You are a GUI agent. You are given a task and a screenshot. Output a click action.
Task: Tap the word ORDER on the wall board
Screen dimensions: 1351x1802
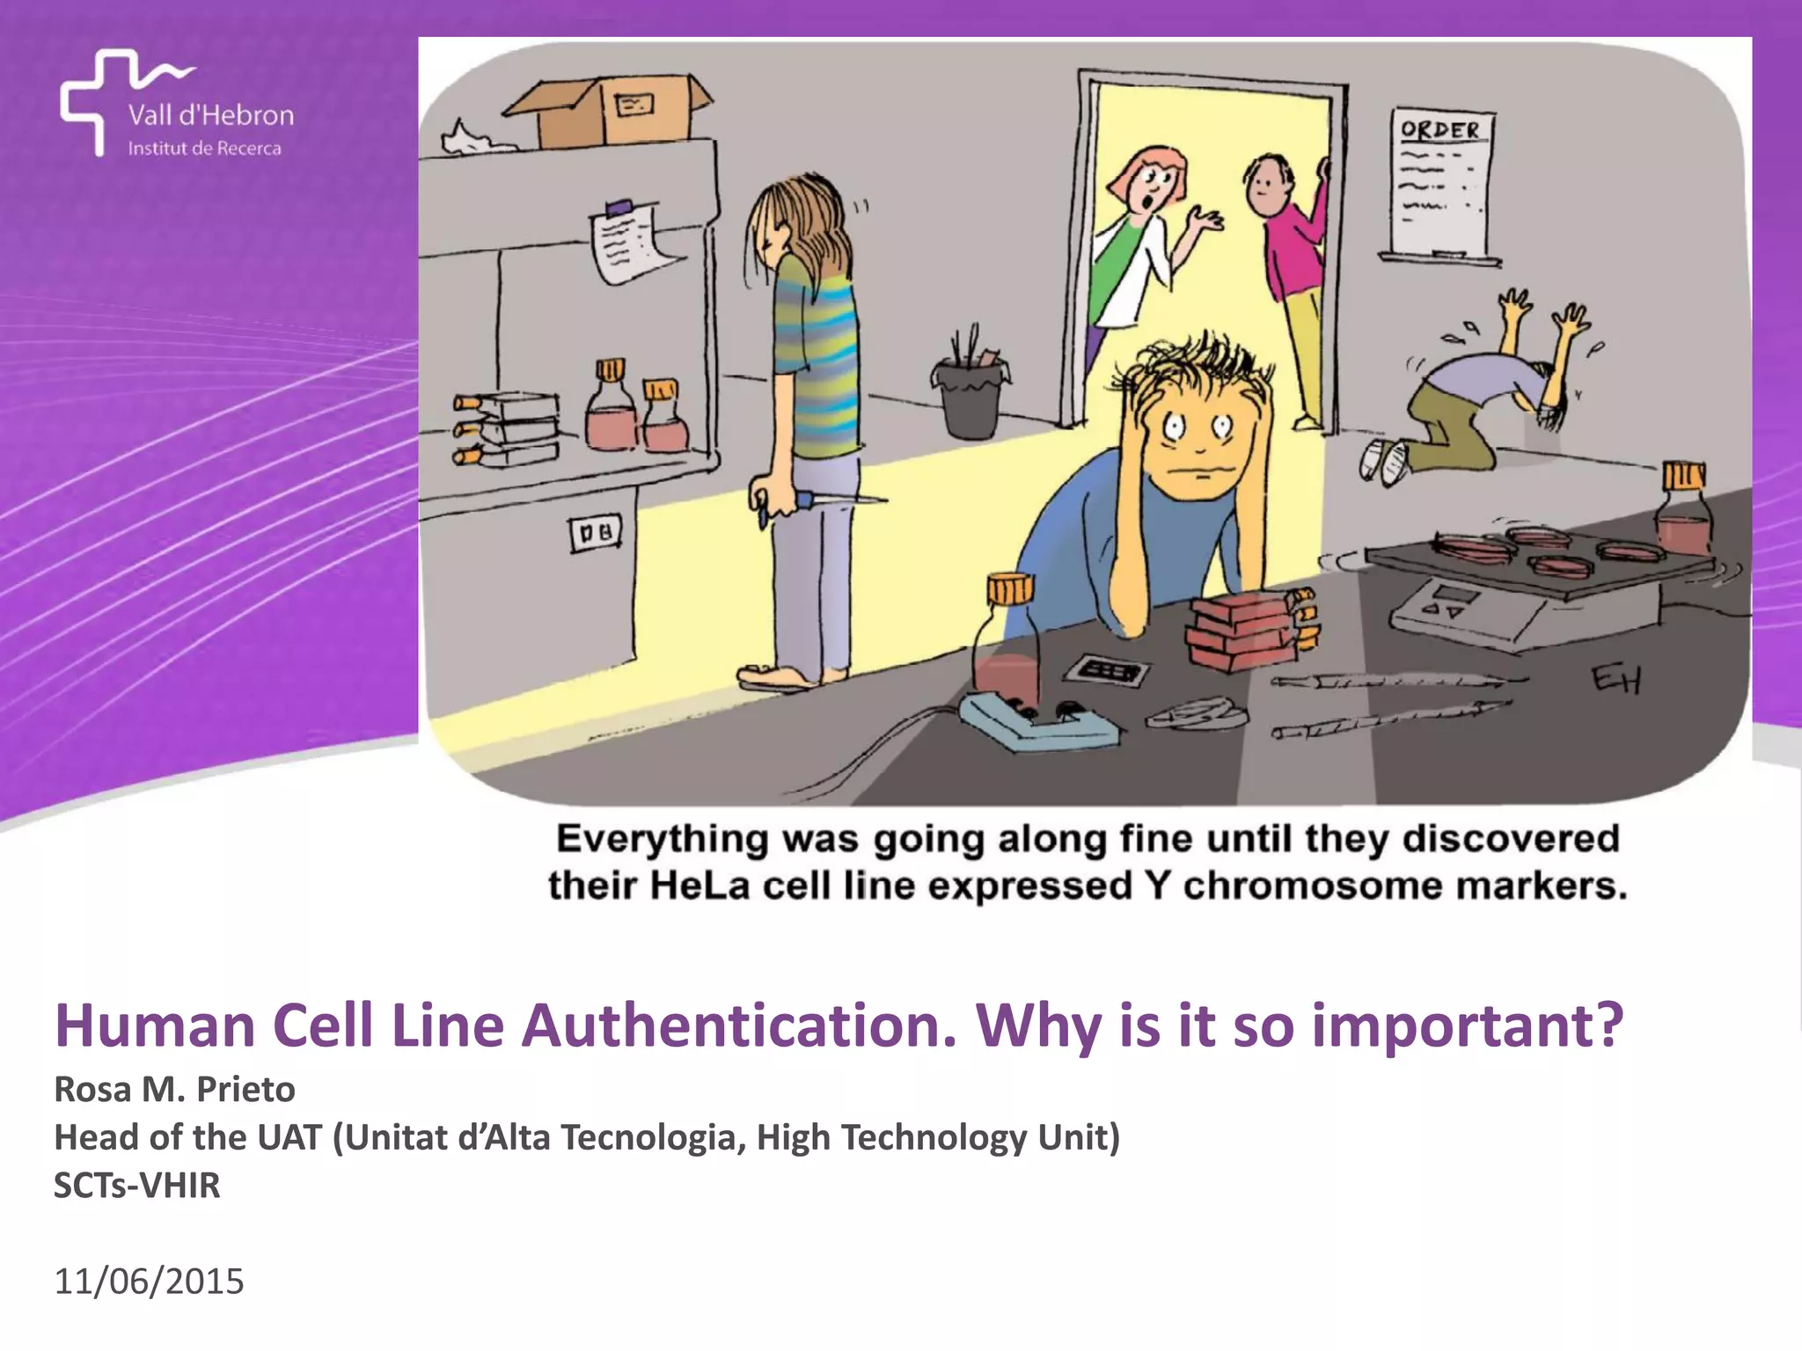pyautogui.click(x=1440, y=130)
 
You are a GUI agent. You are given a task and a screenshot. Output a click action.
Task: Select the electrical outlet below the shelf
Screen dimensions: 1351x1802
pyautogui.click(x=596, y=532)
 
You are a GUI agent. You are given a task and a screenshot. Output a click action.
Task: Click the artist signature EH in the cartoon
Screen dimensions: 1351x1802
pyautogui.click(x=1615, y=679)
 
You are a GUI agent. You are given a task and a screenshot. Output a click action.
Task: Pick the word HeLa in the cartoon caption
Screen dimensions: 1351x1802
pyautogui.click(x=700, y=885)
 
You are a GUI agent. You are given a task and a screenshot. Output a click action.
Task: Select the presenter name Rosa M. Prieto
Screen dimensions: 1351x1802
pyautogui.click(x=174, y=1089)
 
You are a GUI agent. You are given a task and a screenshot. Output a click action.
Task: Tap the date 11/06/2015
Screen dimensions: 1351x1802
pyautogui.click(x=149, y=1282)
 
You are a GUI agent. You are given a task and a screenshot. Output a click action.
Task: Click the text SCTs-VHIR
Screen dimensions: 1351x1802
pyautogui.click(x=137, y=1185)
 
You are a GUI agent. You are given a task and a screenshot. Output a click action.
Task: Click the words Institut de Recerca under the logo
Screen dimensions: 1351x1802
pyautogui.click(x=204, y=149)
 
